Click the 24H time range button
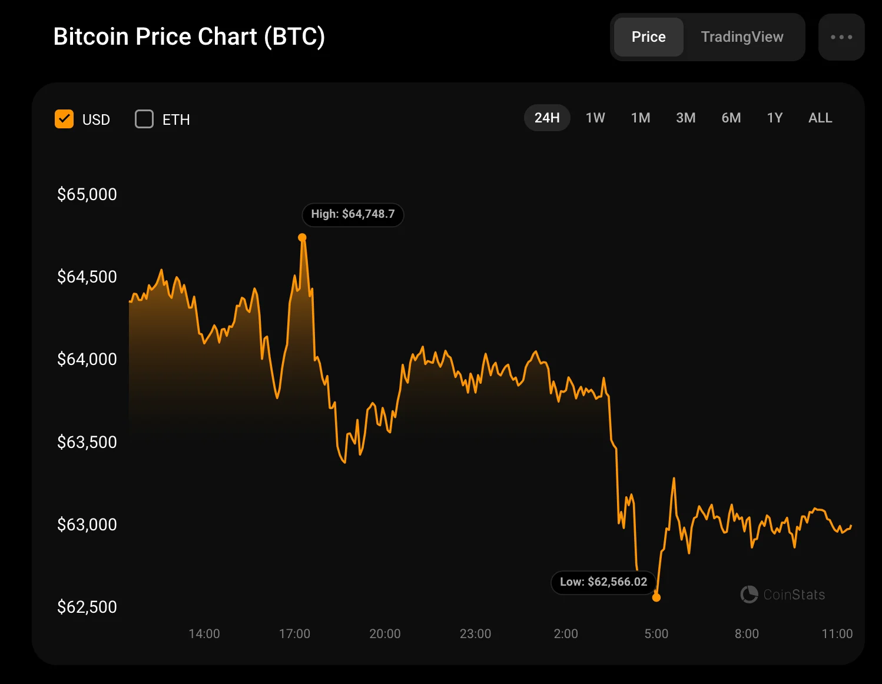pos(547,118)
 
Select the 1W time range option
pos(595,118)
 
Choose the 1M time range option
pos(641,118)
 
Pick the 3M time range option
pos(686,118)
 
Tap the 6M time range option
pos(731,118)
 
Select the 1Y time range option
pos(775,118)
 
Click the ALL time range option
pos(820,118)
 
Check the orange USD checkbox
pos(64,119)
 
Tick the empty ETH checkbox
pos(144,119)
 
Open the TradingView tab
pos(742,37)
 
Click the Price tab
pos(648,37)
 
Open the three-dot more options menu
pos(841,37)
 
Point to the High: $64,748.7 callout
pos(353,214)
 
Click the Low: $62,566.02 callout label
pos(604,582)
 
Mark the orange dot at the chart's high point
pos(302,238)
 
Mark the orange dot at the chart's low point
pos(656,597)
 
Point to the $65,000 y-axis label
pos(87,194)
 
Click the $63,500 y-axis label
pos(87,442)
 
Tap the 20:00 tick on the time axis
pos(385,634)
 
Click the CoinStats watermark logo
pos(782,595)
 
